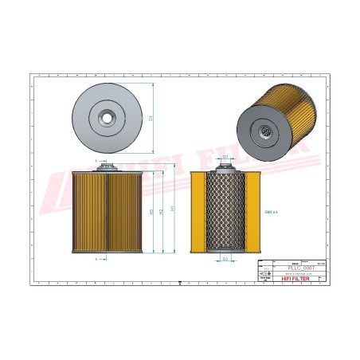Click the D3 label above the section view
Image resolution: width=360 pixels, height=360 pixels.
[225, 157]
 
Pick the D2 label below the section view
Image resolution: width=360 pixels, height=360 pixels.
[225, 260]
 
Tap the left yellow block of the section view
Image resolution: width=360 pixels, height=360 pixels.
[199, 212]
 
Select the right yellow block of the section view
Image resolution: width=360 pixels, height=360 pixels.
[251, 212]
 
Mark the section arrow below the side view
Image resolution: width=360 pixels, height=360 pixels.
[97, 260]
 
